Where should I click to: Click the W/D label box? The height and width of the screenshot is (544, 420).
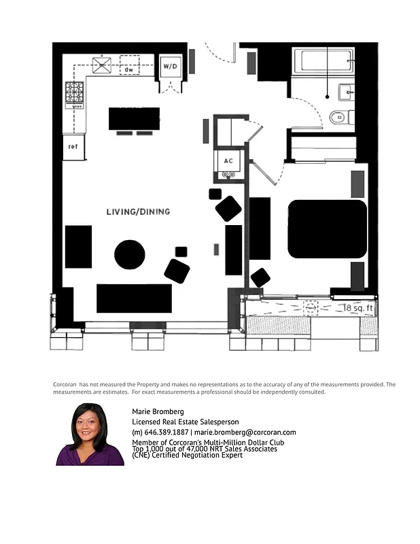point(169,67)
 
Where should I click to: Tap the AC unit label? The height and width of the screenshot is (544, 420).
point(228,161)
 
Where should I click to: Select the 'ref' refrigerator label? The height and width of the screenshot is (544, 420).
point(73,146)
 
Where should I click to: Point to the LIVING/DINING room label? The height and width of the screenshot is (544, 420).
point(138,211)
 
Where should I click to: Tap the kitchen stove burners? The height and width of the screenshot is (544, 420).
point(74,95)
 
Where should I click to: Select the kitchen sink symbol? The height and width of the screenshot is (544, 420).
point(103,66)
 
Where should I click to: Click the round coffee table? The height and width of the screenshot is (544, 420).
point(129,254)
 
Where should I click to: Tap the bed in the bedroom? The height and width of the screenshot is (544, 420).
point(327,228)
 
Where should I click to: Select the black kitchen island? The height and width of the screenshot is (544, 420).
point(134,118)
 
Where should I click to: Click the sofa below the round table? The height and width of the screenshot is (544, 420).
point(134,298)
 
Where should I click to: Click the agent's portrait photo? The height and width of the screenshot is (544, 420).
point(90,435)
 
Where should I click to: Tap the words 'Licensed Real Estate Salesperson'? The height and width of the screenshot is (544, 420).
point(185,422)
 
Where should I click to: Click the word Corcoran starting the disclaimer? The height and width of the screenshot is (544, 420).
point(65,384)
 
